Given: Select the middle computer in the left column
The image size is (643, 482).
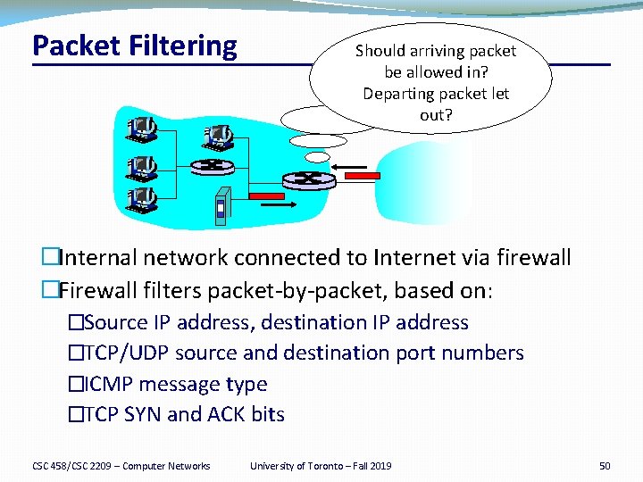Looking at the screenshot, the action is click(142, 167).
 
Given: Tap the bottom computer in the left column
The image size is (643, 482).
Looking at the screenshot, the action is click(142, 199).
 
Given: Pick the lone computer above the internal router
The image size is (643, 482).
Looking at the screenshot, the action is click(219, 136).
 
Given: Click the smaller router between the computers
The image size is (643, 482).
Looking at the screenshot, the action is click(212, 166).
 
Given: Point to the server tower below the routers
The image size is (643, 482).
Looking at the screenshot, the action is click(221, 204).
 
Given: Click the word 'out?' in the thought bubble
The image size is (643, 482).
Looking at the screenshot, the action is click(436, 115).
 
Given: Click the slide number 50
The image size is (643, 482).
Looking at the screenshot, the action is click(605, 465).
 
